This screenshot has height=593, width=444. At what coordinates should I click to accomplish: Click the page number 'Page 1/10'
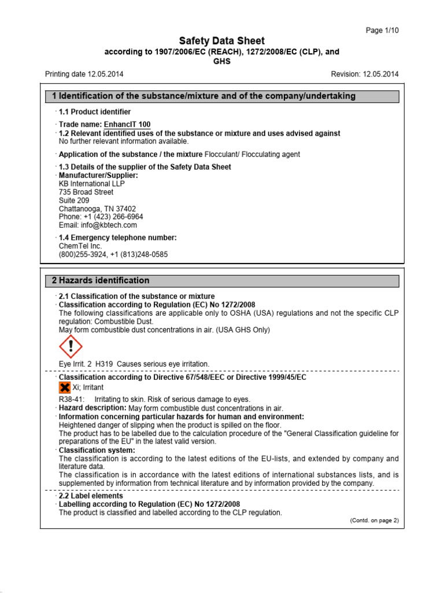pyautogui.click(x=383, y=30)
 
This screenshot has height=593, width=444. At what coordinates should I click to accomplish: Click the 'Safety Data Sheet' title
pyautogui.click(x=221, y=41)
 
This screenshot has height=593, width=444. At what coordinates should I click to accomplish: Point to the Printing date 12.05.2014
pyautogui.click(x=84, y=74)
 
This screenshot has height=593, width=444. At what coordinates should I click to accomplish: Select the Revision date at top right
pyautogui.click(x=364, y=74)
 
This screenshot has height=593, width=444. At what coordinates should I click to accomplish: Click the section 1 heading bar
pyautogui.click(x=221, y=96)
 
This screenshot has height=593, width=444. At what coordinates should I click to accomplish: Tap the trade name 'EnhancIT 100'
pyautogui.click(x=127, y=125)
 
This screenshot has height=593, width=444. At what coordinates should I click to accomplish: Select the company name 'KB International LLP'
pyautogui.click(x=91, y=184)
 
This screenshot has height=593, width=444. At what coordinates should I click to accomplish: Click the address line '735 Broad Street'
pyautogui.click(x=86, y=192)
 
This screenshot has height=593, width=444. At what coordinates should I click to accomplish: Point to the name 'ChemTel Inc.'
pyautogui.click(x=80, y=246)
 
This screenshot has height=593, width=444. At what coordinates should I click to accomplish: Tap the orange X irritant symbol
pyautogui.click(x=65, y=388)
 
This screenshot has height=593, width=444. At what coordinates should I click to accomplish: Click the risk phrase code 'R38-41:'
pyautogui.click(x=72, y=399)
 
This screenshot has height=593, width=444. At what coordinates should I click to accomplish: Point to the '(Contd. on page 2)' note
pyautogui.click(x=374, y=520)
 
